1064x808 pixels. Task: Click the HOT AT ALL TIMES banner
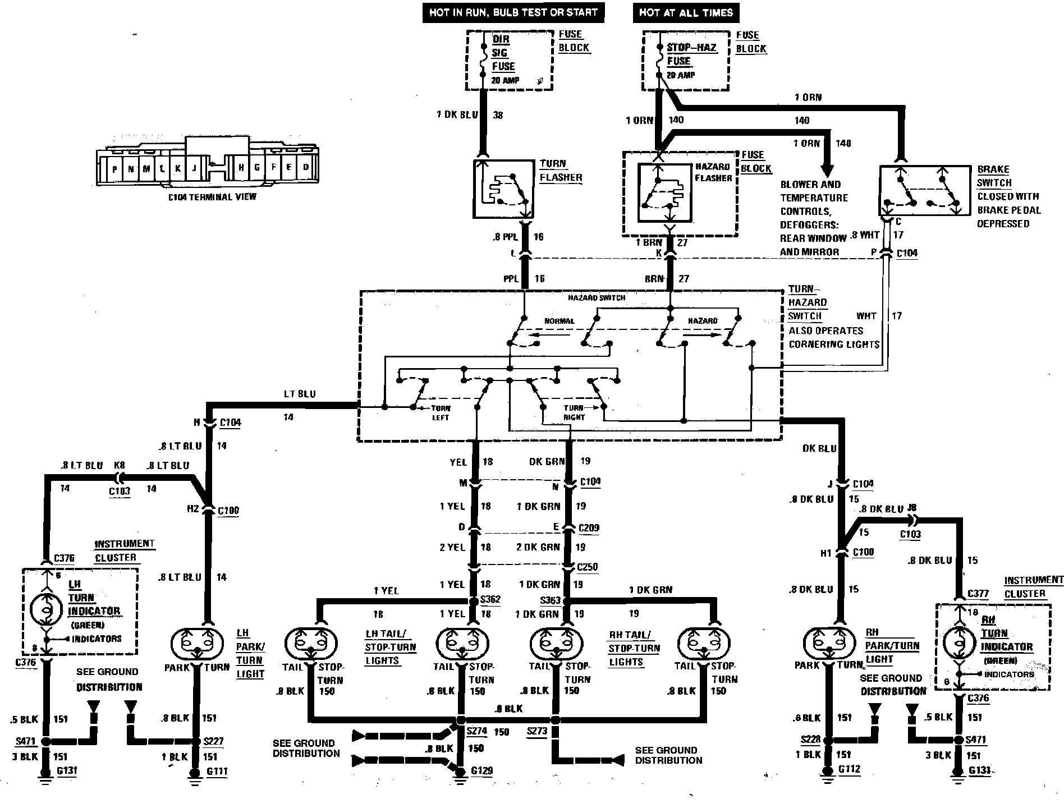(686, 12)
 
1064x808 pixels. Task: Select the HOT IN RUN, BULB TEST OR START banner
(513, 12)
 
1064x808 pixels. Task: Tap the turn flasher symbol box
(503, 189)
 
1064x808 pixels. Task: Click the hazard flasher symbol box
(664, 193)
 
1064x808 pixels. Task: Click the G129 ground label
(481, 770)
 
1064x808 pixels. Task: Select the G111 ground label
(217, 771)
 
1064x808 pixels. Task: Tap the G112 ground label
(849, 769)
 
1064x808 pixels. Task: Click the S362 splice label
(490, 599)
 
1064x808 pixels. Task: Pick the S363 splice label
(550, 600)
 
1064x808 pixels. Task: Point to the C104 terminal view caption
(212, 196)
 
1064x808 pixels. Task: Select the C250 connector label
(588, 567)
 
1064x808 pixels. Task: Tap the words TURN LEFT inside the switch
(440, 412)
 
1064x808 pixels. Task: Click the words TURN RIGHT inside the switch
(574, 412)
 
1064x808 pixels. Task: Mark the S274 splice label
(477, 732)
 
